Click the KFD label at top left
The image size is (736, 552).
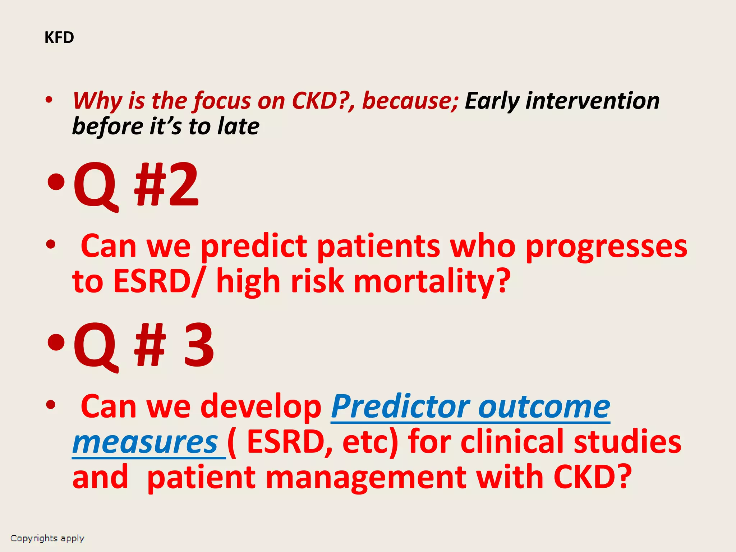coord(59,37)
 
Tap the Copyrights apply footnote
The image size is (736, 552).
coord(47,538)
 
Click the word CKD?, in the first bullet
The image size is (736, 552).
coord(323,101)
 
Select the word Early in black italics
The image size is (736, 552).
coord(492,101)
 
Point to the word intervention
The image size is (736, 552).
coord(593,101)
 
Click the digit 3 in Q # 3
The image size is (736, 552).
coord(199,345)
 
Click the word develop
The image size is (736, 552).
coord(261,407)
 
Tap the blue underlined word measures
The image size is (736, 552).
coord(145,443)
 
